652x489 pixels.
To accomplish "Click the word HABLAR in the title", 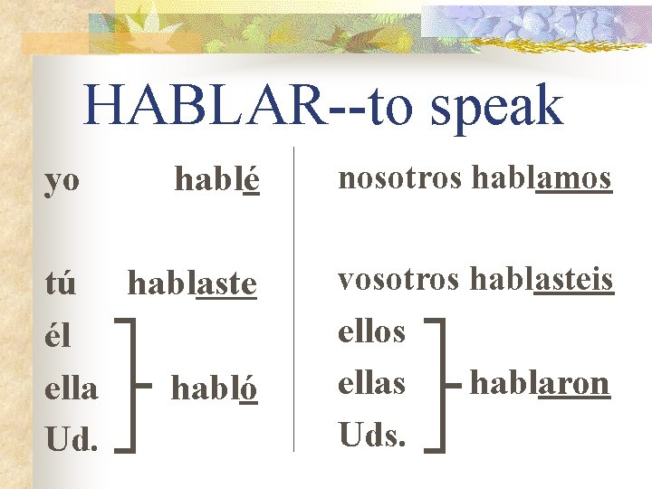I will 203,107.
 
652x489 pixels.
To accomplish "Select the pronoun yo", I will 62,181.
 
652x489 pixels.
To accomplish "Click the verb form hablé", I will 217,180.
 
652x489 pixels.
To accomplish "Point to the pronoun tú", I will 61,284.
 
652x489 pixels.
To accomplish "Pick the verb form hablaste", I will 192,284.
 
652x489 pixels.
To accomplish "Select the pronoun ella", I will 72,388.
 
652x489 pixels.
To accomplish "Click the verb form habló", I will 216,388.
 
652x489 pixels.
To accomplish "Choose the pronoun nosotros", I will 400,178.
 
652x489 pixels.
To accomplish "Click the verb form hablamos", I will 541,178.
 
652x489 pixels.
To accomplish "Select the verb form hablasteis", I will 542,280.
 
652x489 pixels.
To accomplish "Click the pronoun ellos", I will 371,332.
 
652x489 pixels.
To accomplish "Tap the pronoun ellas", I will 371,384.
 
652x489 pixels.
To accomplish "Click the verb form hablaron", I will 539,384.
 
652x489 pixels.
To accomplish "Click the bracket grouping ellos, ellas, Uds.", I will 439,384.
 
